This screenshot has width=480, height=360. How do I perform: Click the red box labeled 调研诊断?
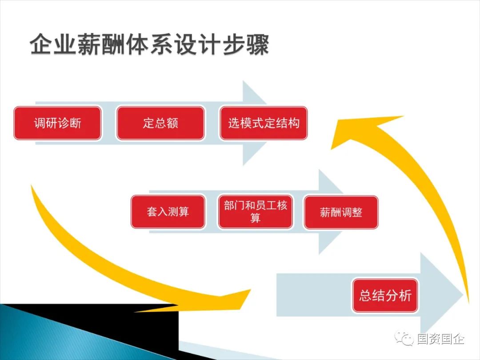57,123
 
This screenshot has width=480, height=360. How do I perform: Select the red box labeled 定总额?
160,123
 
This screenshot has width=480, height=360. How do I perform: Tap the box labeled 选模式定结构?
264,123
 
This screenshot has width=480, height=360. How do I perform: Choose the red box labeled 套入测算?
168,212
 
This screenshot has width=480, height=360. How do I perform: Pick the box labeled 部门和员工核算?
255,212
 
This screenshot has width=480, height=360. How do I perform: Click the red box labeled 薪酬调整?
341,212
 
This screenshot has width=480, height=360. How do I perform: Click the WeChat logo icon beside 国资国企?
406,340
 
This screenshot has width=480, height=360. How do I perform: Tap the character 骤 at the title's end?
258,46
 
